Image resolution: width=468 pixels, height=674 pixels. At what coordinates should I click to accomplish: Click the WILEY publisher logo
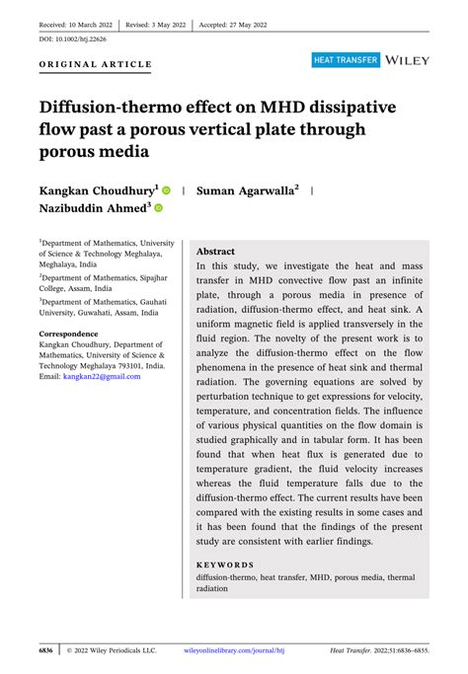click(x=409, y=60)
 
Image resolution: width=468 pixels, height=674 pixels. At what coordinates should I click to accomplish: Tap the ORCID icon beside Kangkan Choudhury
click(x=166, y=189)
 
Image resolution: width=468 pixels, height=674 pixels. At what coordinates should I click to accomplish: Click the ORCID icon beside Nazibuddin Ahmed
click(x=158, y=209)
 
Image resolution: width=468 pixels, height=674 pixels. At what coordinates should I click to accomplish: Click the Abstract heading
click(x=215, y=252)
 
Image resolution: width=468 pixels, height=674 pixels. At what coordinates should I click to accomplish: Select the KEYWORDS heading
click(x=224, y=565)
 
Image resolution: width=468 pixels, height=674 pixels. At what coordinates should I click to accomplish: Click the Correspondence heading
click(x=68, y=335)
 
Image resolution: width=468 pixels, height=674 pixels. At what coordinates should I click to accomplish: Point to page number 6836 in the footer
click(x=46, y=650)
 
